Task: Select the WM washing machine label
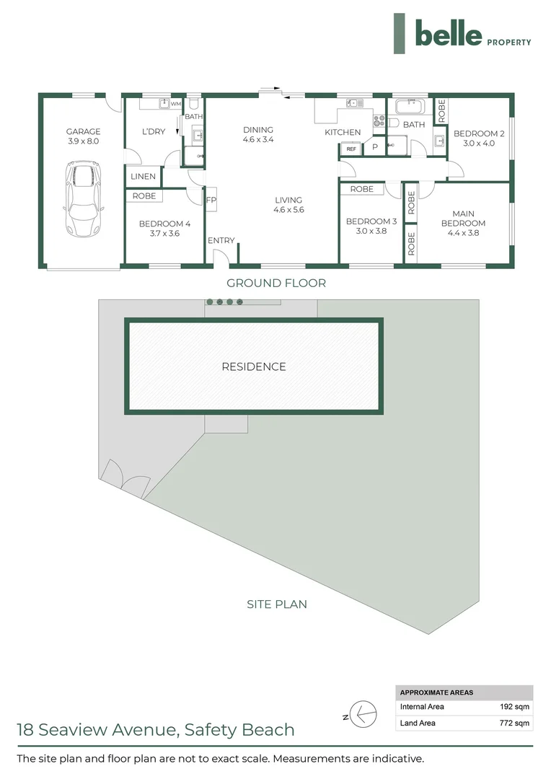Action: click(175, 104)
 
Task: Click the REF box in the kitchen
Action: click(351, 149)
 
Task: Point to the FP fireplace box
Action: click(211, 201)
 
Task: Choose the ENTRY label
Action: click(221, 240)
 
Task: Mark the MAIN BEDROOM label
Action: click(463, 218)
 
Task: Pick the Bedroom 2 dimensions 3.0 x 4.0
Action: click(478, 143)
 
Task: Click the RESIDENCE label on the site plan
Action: click(254, 366)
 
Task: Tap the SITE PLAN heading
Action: click(277, 604)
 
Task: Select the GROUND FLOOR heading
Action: click(276, 283)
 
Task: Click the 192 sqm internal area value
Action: click(514, 707)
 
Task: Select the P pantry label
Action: click(375, 147)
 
